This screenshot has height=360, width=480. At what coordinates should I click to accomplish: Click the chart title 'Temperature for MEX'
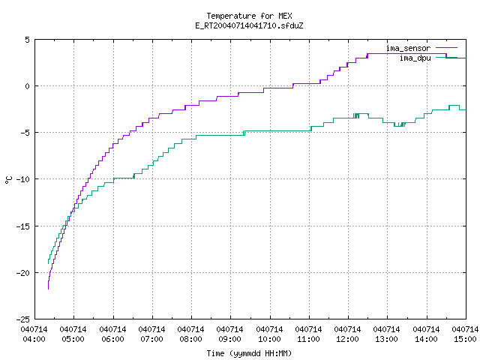click(x=249, y=16)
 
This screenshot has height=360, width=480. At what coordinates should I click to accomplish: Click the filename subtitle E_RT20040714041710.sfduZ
click(x=249, y=25)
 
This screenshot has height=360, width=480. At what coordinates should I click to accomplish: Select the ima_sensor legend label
click(x=408, y=48)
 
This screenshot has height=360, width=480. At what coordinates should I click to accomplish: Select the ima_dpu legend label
click(x=415, y=58)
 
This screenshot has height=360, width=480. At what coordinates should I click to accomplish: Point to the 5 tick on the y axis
click(x=27, y=40)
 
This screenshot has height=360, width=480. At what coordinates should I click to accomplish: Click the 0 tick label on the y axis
click(x=27, y=86)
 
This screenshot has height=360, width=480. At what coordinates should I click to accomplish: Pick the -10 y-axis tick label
click(x=23, y=179)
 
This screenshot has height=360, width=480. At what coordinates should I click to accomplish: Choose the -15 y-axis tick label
click(x=23, y=226)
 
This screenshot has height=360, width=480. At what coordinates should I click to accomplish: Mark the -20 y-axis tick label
click(x=23, y=273)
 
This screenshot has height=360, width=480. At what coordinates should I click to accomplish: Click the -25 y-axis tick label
click(x=23, y=319)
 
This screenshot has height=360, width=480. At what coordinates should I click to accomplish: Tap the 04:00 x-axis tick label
click(x=34, y=339)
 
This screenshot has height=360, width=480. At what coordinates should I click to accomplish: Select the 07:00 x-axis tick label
click(x=151, y=339)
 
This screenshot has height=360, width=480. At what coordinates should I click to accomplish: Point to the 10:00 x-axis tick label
click(x=270, y=339)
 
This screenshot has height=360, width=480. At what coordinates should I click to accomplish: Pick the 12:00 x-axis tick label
click(x=348, y=339)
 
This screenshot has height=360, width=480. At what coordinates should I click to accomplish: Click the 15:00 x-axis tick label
click(x=465, y=339)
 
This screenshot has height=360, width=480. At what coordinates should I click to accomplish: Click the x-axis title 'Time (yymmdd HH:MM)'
click(x=249, y=353)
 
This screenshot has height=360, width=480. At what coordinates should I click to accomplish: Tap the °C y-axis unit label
click(x=8, y=180)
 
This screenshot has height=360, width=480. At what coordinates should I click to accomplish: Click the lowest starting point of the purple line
click(x=48, y=289)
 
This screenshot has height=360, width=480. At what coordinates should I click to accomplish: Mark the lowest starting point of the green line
click(x=48, y=263)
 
